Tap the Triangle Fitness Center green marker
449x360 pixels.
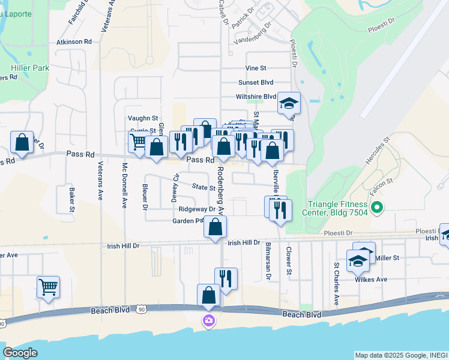pyautogui.click(x=377, y=208)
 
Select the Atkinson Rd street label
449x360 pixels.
pyautogui.click(x=74, y=42)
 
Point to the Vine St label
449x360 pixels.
pyautogui.click(x=255, y=69)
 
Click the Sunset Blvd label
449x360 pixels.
pyautogui.click(x=256, y=82)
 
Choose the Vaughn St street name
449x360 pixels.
pyautogui.click(x=142, y=119)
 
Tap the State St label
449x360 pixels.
pyautogui.click(x=203, y=188)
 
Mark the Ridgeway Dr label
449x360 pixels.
pyautogui.click(x=197, y=209)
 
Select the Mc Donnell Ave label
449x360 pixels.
pyautogui.click(x=125, y=185)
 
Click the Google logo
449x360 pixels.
pyautogui.click(x=20, y=353)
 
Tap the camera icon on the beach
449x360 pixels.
pyautogui.click(x=209, y=321)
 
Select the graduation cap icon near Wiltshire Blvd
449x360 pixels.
pyautogui.click(x=289, y=104)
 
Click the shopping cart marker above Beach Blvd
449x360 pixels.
pyautogui.click(x=48, y=286)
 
